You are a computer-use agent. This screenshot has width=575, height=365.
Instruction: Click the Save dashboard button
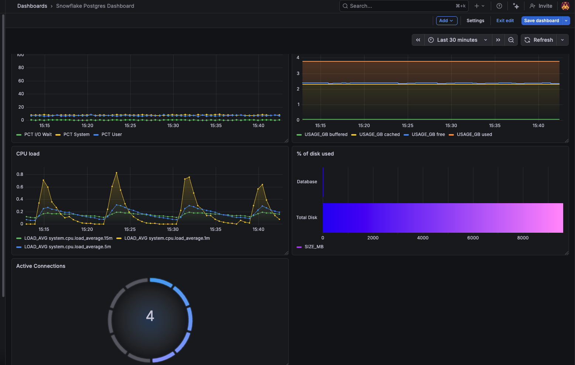point(541,21)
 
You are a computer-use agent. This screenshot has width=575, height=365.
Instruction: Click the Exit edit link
point(505,21)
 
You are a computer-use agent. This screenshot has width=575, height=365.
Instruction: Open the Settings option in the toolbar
point(475,21)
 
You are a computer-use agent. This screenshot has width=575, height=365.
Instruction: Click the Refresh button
point(539,40)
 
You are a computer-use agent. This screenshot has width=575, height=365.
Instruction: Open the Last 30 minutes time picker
point(457,40)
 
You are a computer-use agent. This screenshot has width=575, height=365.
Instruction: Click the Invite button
point(541,6)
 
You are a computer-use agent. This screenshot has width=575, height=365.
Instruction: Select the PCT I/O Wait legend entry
point(38,134)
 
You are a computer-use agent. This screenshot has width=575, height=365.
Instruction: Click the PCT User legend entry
point(112,134)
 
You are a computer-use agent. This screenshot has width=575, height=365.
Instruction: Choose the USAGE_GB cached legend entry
point(379,134)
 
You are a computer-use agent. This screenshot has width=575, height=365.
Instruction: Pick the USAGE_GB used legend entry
point(474,134)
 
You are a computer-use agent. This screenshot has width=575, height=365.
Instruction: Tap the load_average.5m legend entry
point(68,247)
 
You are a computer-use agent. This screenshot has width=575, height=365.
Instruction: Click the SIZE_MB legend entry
point(314,247)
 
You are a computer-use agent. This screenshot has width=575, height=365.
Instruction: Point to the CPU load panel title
point(28,154)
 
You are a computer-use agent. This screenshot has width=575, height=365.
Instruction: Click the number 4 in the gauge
point(150,316)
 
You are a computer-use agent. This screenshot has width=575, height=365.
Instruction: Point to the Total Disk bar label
point(307,218)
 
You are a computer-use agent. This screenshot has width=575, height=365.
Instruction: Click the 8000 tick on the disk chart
point(523,238)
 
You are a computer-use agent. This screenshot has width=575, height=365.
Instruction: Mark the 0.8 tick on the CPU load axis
point(20,174)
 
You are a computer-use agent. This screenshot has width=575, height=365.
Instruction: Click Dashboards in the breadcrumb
point(32,6)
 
